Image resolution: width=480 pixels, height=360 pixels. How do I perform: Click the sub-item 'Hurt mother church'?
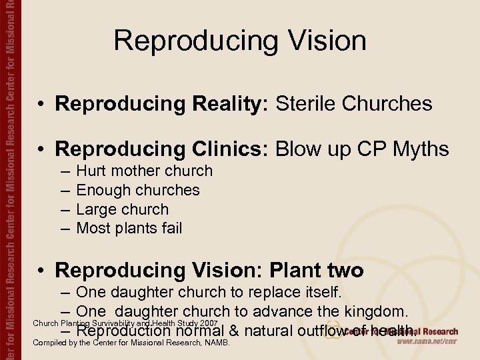click(x=144, y=171)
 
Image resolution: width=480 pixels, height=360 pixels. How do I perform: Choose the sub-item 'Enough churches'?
click(x=138, y=190)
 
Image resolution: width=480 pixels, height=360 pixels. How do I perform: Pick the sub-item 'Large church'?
click(x=123, y=209)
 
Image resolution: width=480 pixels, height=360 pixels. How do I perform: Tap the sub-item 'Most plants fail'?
click(x=129, y=229)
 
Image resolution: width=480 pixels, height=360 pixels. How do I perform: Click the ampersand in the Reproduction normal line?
click(x=234, y=330)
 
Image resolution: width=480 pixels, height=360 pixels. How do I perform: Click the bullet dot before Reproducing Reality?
click(x=41, y=105)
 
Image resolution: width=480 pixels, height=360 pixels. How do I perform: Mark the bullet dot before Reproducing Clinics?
click(x=41, y=150)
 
